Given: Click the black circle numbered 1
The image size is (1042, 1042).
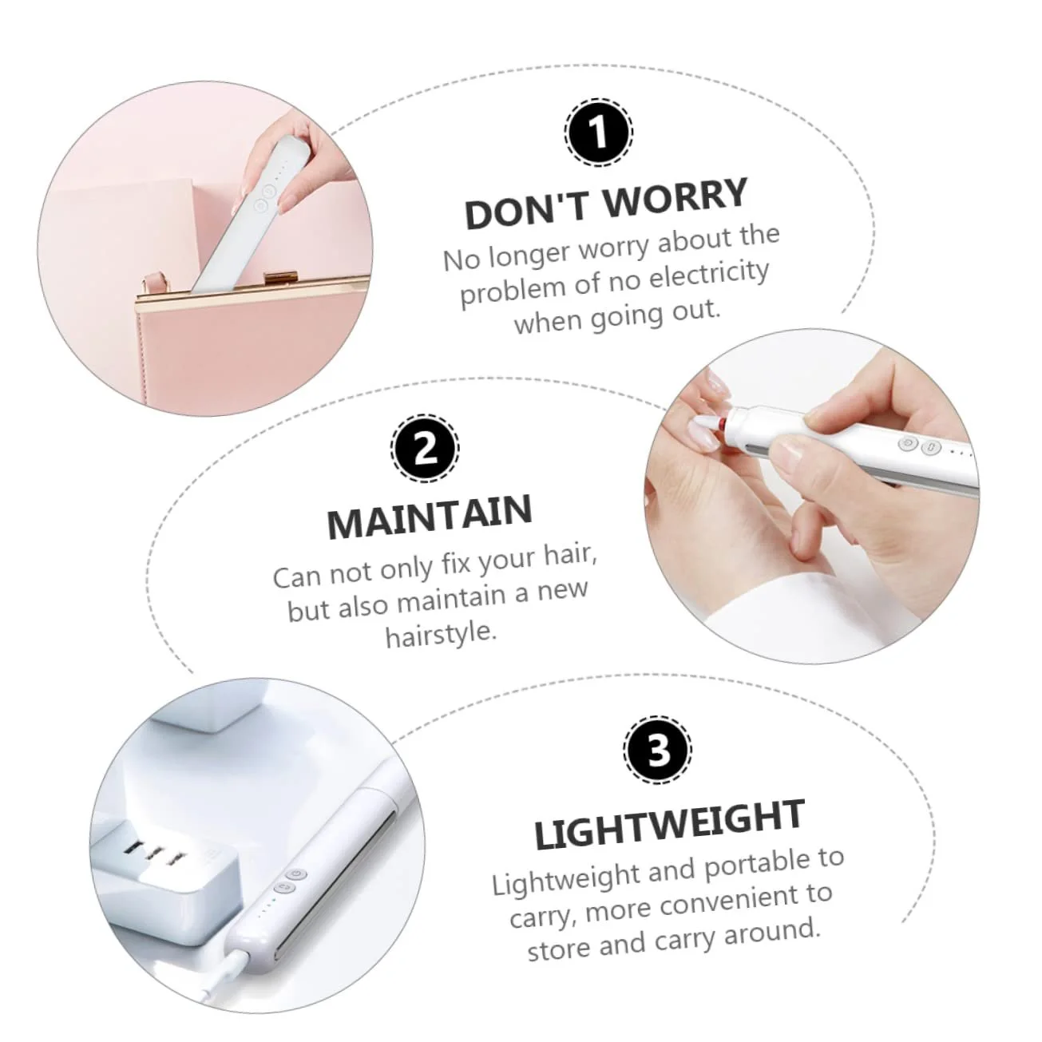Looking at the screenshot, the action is click(x=599, y=133).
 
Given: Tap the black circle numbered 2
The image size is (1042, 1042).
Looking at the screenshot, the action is click(x=425, y=448).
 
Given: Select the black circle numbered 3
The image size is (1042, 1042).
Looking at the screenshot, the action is click(x=658, y=750).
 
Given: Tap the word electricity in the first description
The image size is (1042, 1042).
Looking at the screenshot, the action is click(x=708, y=277).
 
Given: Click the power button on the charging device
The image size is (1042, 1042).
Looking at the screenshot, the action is click(x=297, y=874).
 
